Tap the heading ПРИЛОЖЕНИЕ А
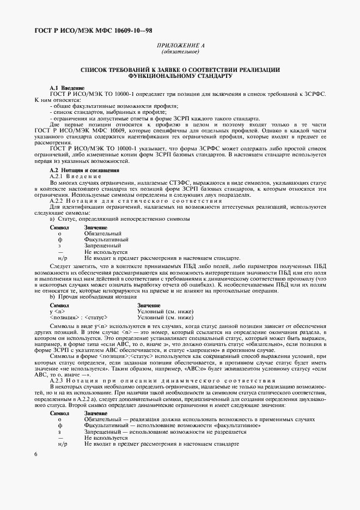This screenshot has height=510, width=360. click(180, 46)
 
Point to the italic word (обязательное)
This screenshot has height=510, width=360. click(180, 52)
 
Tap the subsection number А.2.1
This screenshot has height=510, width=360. click(58, 176)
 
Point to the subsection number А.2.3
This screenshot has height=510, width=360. click(58, 380)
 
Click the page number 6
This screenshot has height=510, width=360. click(35, 454)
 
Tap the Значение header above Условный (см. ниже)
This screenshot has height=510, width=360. click(149, 305)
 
